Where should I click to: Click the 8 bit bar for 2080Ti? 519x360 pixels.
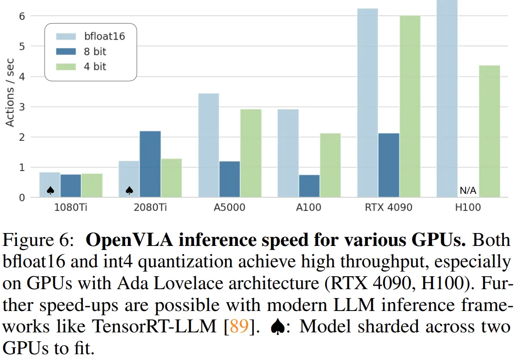click(x=150, y=164)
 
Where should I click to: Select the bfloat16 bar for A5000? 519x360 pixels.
click(x=208, y=145)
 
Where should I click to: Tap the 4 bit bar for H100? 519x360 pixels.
click(x=490, y=131)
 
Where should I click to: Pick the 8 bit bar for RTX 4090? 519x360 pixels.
click(x=389, y=165)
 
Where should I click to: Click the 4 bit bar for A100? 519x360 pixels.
click(x=330, y=165)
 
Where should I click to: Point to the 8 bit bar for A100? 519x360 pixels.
click(x=309, y=186)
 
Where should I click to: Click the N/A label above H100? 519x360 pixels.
click(x=468, y=191)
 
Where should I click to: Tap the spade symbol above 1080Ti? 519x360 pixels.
click(x=50, y=191)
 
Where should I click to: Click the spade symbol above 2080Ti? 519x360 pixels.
click(x=129, y=191)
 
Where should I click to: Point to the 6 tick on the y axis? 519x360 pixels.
click(x=21, y=16)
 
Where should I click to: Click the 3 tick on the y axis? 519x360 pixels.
click(x=21, y=107)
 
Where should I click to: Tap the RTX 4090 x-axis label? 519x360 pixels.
click(x=389, y=208)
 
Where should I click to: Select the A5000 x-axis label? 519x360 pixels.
click(x=229, y=208)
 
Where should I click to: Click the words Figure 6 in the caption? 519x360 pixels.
click(x=36, y=241)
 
